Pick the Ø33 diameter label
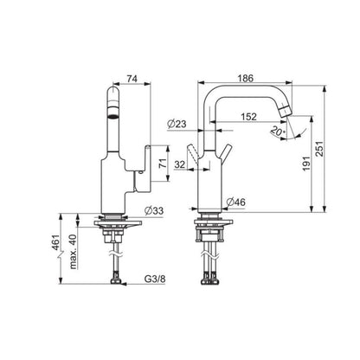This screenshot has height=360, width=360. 153,210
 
